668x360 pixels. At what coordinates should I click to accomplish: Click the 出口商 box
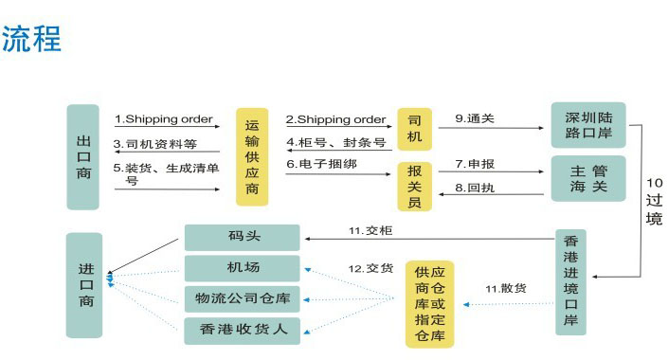point(83,156)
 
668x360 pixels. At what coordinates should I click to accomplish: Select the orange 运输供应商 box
point(253,156)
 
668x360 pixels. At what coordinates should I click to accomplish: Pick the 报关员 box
point(414,184)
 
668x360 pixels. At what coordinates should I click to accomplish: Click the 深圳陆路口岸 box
point(587,125)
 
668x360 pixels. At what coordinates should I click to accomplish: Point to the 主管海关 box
point(587,178)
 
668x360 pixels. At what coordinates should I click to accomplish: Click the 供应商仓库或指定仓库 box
point(429,303)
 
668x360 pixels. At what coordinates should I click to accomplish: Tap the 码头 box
point(242,237)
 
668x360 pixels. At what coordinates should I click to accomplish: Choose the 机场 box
point(242,268)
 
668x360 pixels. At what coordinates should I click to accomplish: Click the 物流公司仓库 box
point(242,298)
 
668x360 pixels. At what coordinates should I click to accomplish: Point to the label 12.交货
point(370,268)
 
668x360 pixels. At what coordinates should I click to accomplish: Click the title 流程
point(31,39)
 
